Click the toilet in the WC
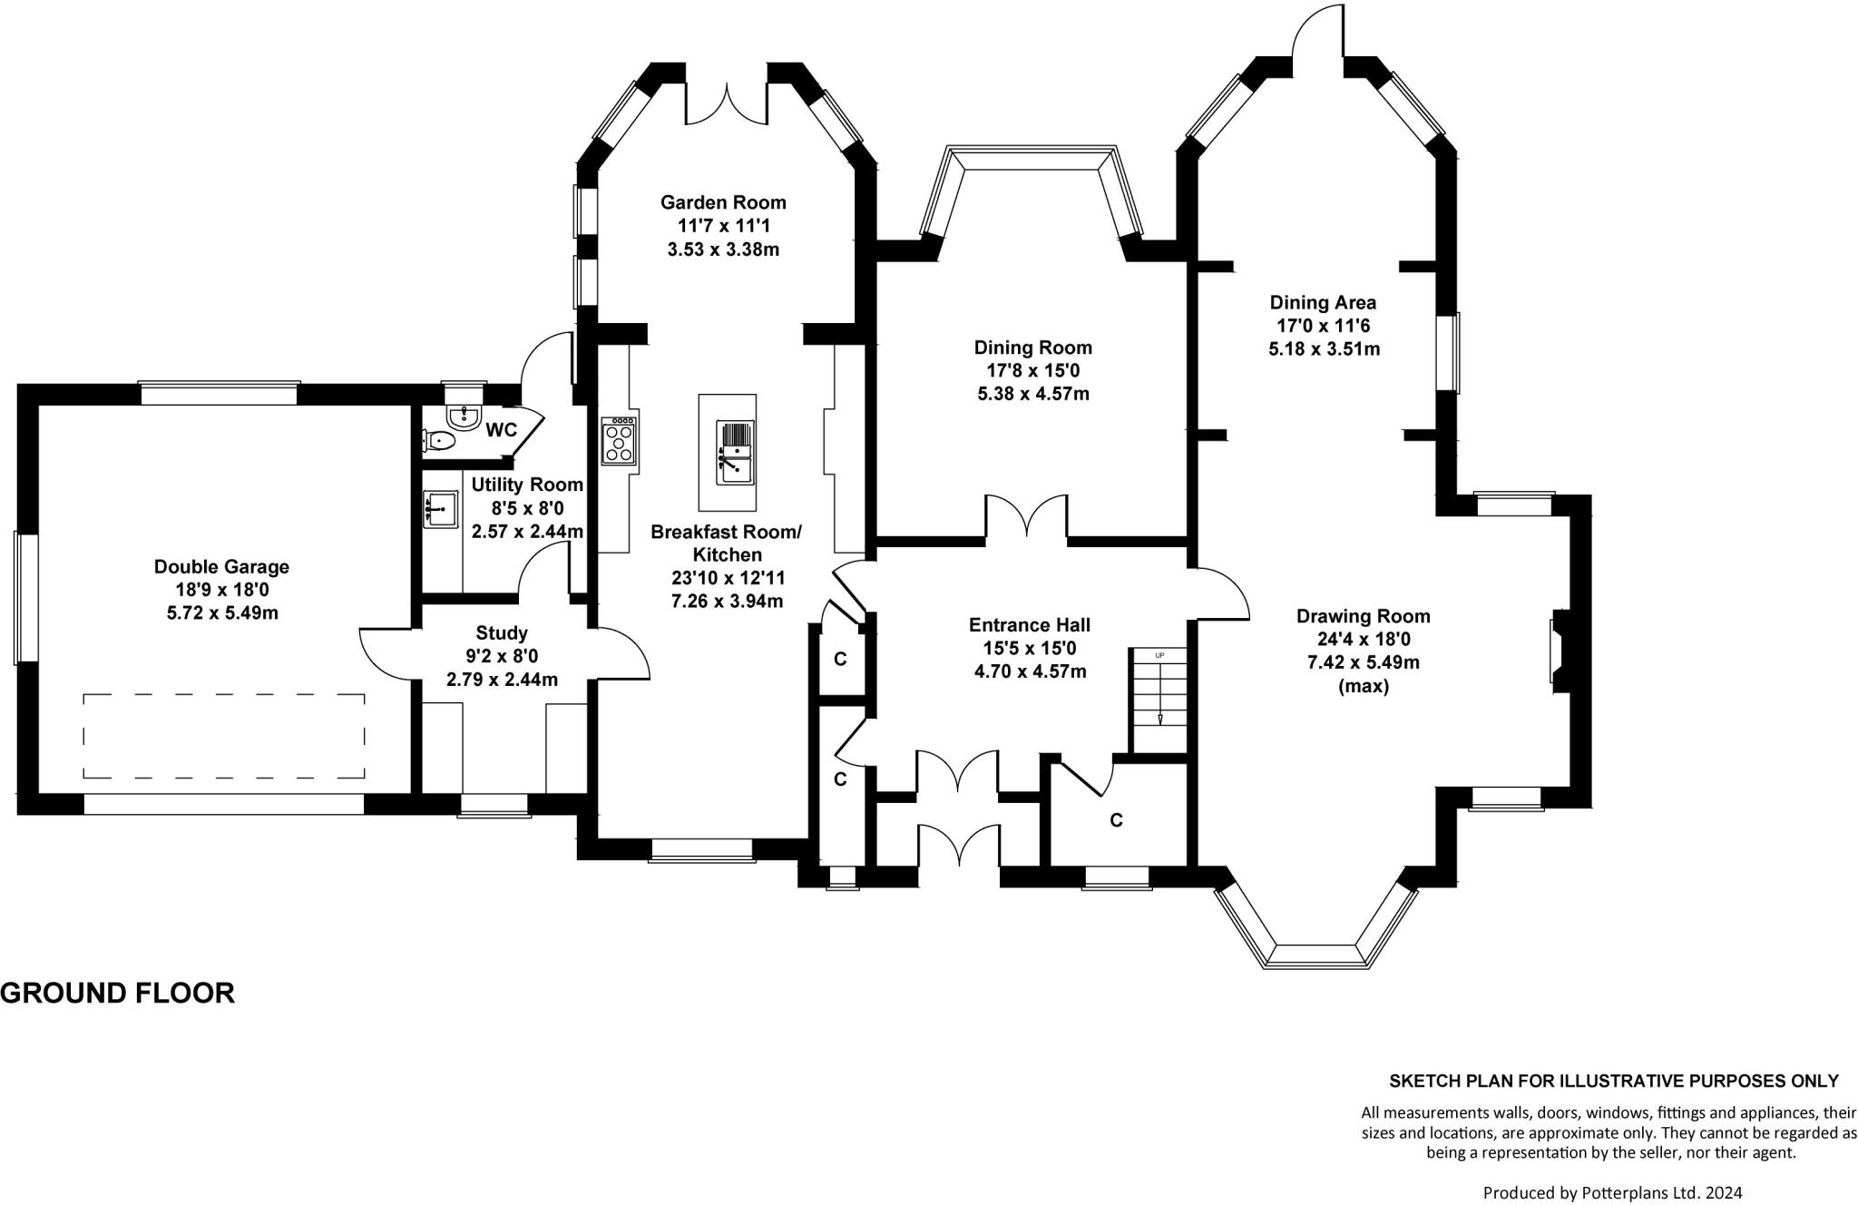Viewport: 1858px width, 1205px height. [439, 441]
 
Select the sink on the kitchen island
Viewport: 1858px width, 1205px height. [736, 452]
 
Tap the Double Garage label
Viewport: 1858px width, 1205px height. [221, 567]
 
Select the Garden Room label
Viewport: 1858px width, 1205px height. [723, 202]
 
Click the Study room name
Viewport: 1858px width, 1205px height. [502, 632]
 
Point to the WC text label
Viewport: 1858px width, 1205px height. [501, 429]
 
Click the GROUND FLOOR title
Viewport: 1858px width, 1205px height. [118, 993]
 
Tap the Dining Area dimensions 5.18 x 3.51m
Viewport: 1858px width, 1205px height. [1324, 349]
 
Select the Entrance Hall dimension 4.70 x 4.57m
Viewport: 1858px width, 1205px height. [1030, 672]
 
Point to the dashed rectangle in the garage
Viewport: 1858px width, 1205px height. [224, 736]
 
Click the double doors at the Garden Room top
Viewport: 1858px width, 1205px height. [728, 104]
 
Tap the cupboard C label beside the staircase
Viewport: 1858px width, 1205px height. [1117, 820]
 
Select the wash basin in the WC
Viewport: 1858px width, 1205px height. [464, 416]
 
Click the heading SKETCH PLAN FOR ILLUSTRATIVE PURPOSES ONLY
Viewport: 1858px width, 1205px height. [1614, 1081]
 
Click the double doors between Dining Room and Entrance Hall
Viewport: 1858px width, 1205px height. [1027, 516]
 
